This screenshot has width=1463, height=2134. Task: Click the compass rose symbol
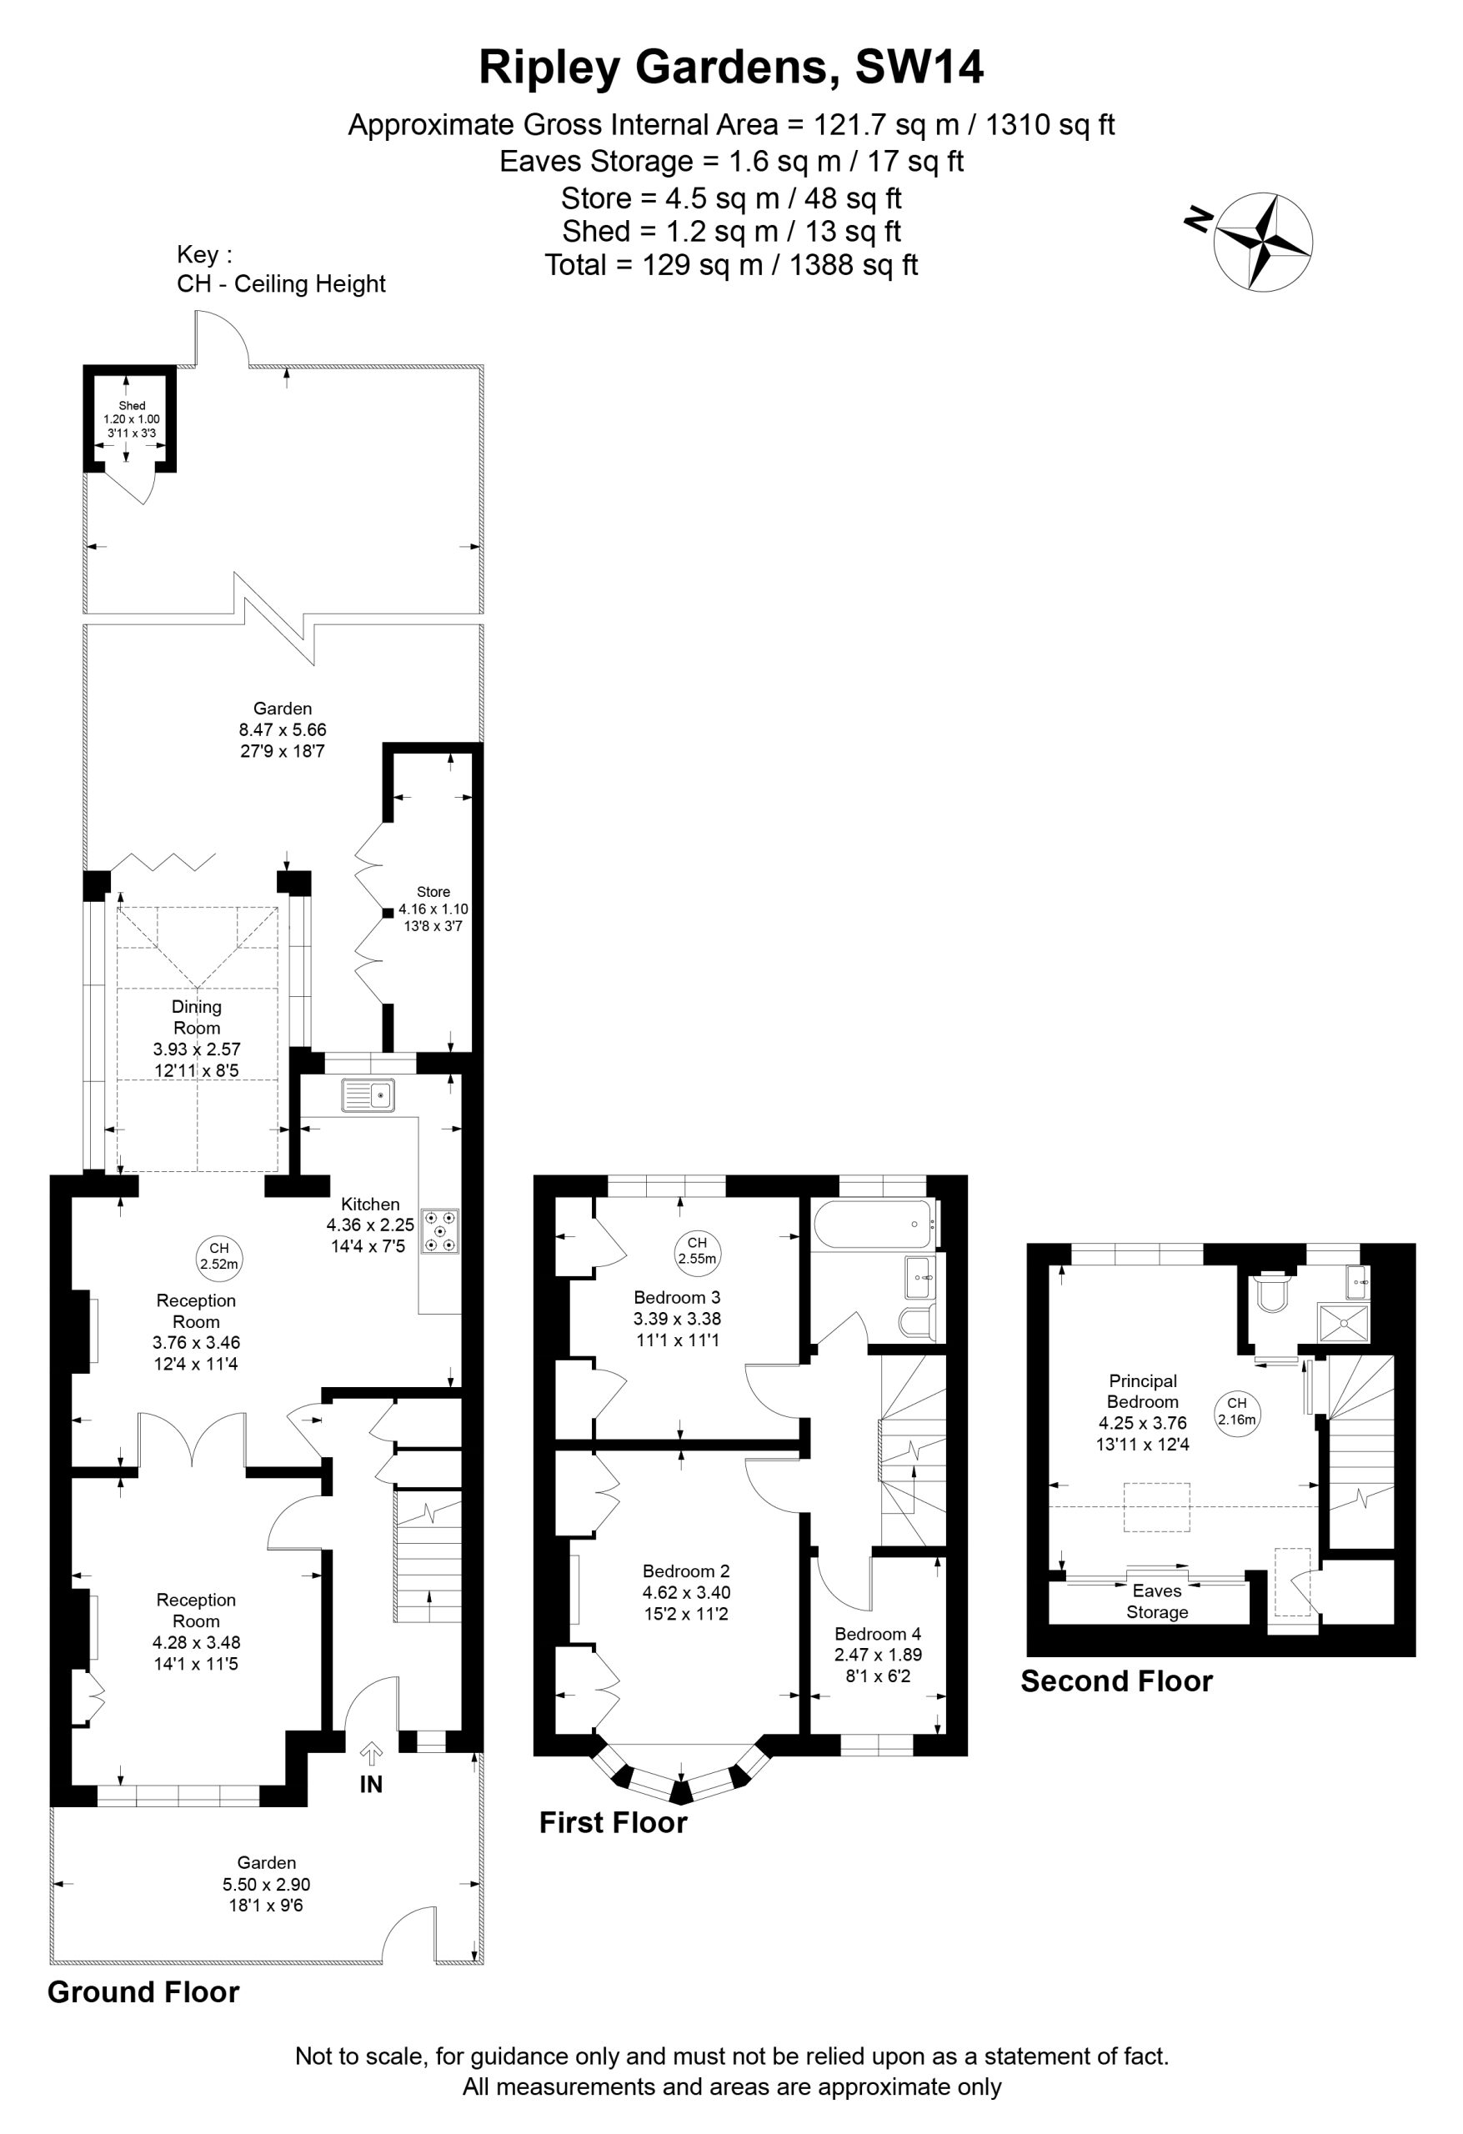point(1263,243)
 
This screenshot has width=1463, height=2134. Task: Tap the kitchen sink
point(368,1095)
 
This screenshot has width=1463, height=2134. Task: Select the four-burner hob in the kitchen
point(440,1231)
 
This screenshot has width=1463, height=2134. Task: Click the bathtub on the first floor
point(873,1224)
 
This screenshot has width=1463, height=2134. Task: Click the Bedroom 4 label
point(877,1634)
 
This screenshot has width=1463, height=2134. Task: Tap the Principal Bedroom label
point(1143,1391)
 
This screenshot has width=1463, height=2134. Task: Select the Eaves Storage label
point(1157,1601)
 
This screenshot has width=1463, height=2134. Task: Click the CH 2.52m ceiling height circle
point(218,1255)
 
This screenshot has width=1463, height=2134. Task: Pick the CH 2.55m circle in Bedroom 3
point(697,1250)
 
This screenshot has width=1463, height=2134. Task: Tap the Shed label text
point(132,405)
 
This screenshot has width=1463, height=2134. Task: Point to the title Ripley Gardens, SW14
point(731,67)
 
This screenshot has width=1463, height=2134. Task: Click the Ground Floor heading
point(143,1991)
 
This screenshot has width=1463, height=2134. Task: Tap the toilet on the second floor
point(1273,1290)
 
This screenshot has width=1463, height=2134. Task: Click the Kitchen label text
point(370,1204)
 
